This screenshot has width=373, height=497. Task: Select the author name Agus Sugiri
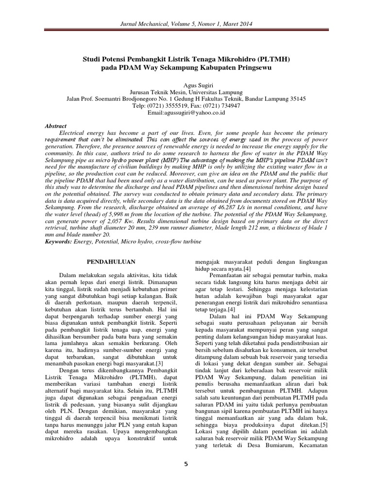[186, 83]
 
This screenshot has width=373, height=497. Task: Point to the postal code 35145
[296, 98]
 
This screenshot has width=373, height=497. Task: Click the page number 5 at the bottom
[186, 464]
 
